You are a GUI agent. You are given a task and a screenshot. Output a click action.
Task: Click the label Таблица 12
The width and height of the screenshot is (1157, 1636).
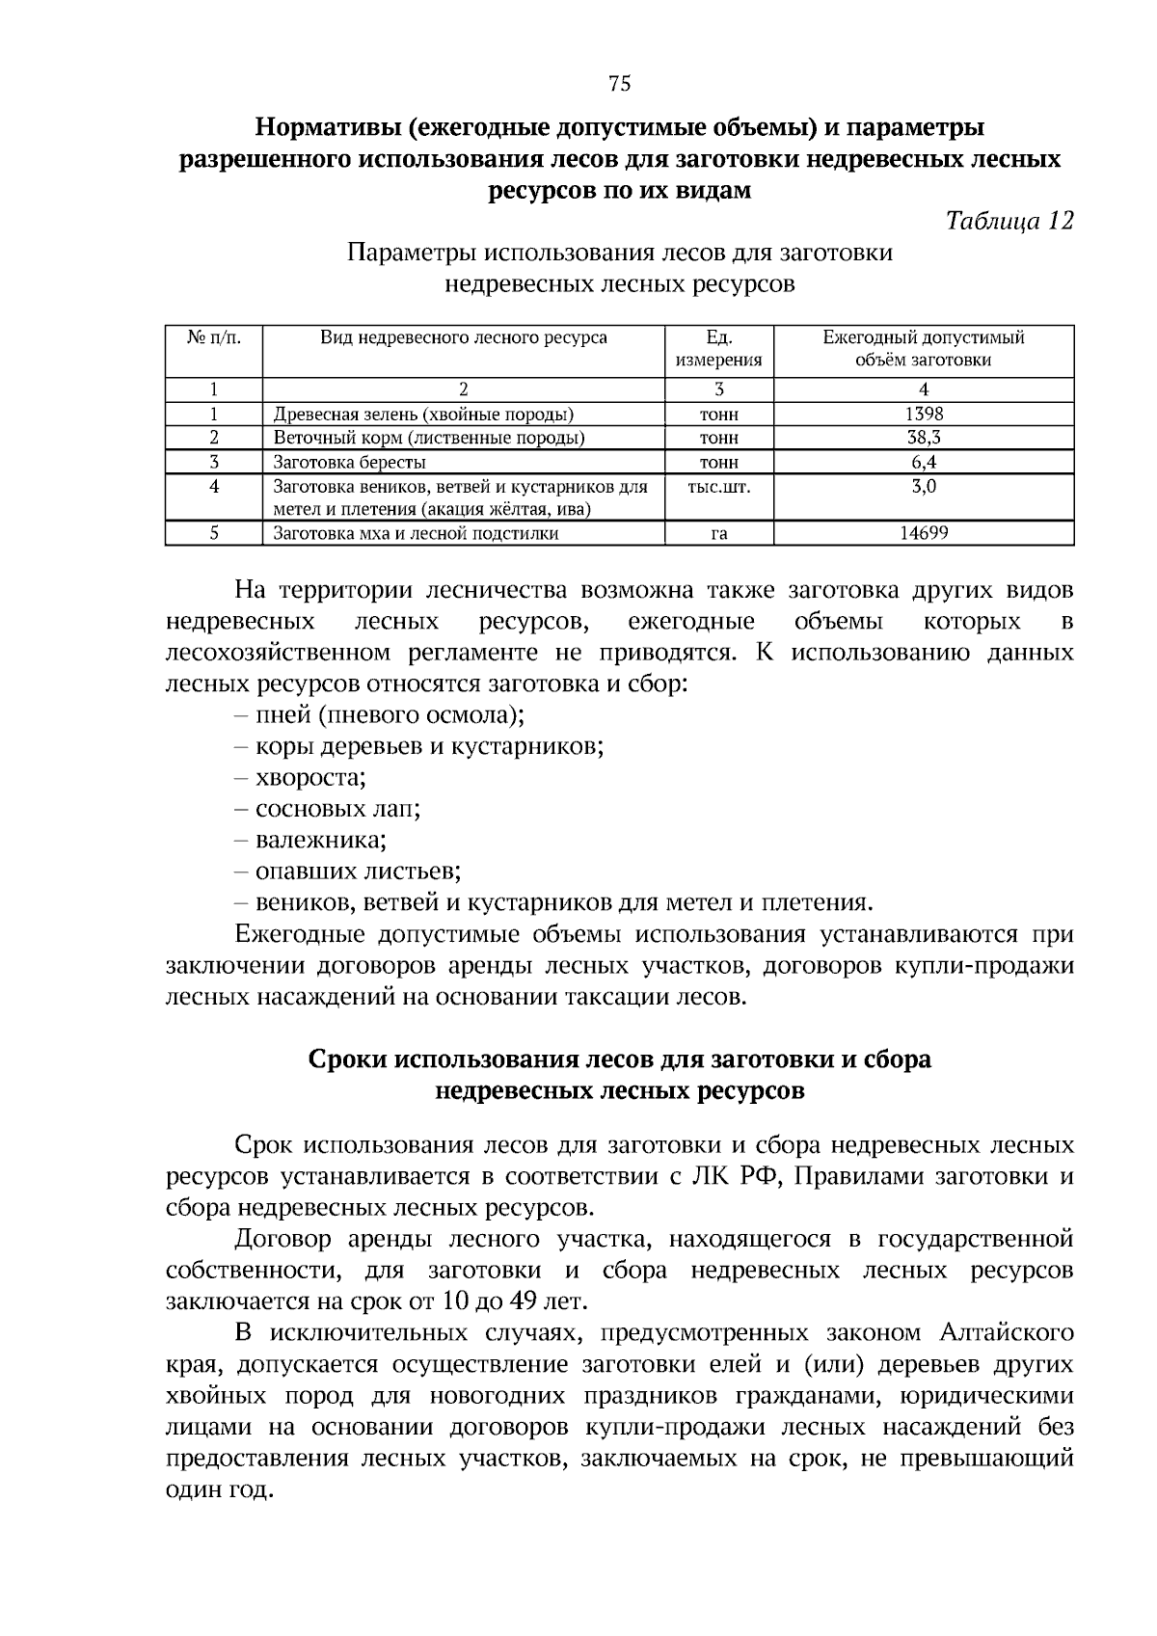click(1009, 221)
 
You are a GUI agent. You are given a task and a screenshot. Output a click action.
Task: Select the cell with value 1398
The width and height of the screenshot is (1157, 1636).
click(923, 414)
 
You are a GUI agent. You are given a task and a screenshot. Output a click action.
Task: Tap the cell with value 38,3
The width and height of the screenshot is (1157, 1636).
click(923, 438)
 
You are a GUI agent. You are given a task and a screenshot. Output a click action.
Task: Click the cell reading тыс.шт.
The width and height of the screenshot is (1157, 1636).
click(718, 487)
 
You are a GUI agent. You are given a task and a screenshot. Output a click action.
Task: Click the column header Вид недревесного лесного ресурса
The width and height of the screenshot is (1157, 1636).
click(464, 338)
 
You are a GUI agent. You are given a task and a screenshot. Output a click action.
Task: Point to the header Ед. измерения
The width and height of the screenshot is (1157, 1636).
click(718, 349)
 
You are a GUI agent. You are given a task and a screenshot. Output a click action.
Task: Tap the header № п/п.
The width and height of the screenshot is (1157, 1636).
click(213, 338)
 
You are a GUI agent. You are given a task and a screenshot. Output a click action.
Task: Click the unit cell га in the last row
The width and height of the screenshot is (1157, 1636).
click(718, 533)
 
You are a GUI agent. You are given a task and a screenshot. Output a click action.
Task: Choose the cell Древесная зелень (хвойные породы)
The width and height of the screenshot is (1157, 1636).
click(423, 415)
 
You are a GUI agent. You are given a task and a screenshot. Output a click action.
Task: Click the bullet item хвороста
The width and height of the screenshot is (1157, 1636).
click(309, 777)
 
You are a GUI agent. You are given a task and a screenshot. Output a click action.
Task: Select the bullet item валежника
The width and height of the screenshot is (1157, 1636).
click(320, 840)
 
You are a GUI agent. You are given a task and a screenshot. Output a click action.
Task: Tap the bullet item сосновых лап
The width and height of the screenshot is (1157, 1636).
click(336, 809)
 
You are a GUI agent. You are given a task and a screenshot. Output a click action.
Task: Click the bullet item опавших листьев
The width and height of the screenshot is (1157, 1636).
click(357, 872)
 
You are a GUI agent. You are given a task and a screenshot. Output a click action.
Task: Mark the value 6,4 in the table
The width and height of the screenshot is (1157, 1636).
click(923, 462)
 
